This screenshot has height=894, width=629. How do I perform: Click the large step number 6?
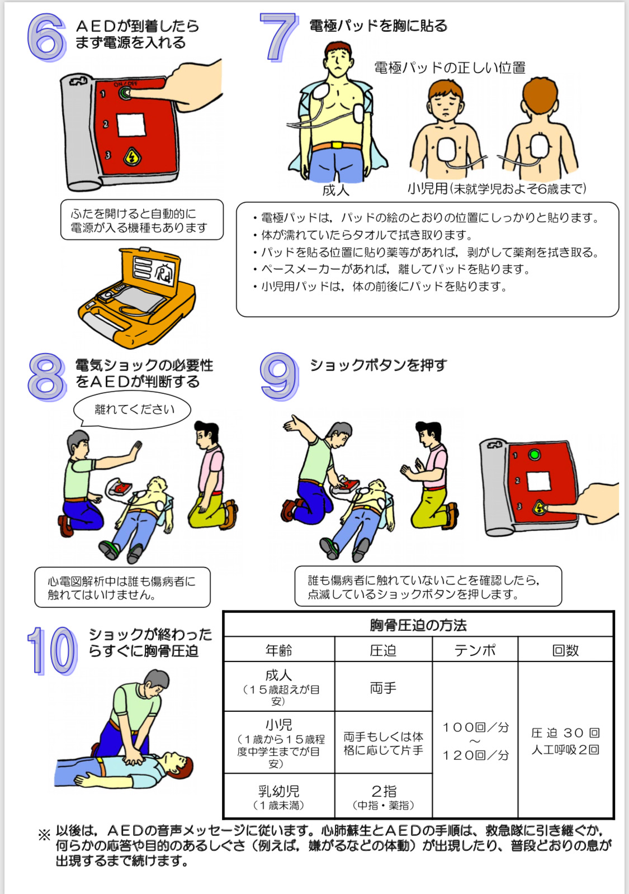pyautogui.click(x=46, y=37)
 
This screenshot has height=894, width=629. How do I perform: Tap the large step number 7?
pyautogui.click(x=279, y=37)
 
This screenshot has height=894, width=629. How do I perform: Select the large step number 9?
pyautogui.click(x=279, y=377)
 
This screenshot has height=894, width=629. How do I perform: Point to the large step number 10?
pyautogui.click(x=53, y=651)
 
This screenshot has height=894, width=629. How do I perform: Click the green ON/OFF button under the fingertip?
pyautogui.click(x=125, y=93)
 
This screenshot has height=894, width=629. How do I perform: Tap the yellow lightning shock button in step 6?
pyautogui.click(x=131, y=156)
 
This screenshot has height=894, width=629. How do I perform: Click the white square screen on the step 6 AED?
pyautogui.click(x=131, y=125)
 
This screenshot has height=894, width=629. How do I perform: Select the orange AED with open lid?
pyautogui.click(x=137, y=297)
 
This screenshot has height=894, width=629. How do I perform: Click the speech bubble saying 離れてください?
pyautogui.click(x=132, y=410)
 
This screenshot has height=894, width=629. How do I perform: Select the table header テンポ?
pyautogui.click(x=475, y=650)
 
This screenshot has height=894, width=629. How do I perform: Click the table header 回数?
pyautogui.click(x=565, y=650)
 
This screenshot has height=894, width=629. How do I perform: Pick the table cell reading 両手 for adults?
pyautogui.click(x=383, y=688)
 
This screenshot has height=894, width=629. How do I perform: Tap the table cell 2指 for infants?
pyautogui.click(x=384, y=791)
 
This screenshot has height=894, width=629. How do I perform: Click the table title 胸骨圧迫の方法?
pyautogui.click(x=418, y=625)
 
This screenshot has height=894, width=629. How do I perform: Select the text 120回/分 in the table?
pyautogui.click(x=476, y=755)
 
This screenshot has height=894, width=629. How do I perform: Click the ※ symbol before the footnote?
pyautogui.click(x=44, y=835)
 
